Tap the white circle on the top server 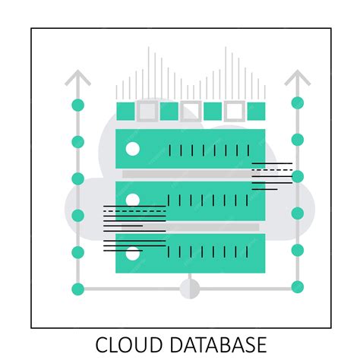pos(133,149)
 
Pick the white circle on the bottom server pos(133,254)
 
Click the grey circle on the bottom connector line pos(189,289)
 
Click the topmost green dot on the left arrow pos(77,105)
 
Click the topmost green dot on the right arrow pos(297,103)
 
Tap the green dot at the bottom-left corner pos(77,289)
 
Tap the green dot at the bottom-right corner pos(297,287)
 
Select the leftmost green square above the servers pos(125,111)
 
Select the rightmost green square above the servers pos(257,111)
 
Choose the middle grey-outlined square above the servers pos(191,111)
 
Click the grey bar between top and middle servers pos(190,174)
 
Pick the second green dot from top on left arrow pos(77,142)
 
